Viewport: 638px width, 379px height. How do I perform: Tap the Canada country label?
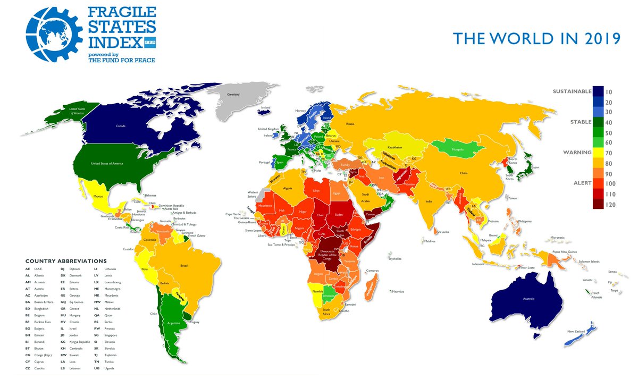[121, 127]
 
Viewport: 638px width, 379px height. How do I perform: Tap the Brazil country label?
[184, 265]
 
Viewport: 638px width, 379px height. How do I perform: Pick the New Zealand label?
[576, 332]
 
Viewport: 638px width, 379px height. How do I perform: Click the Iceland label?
[265, 108]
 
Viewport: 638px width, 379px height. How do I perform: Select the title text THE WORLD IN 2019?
[536, 39]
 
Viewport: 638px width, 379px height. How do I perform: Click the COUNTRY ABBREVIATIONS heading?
[66, 261]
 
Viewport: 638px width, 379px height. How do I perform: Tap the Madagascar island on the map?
[372, 288]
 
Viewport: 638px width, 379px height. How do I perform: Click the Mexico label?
[98, 196]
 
